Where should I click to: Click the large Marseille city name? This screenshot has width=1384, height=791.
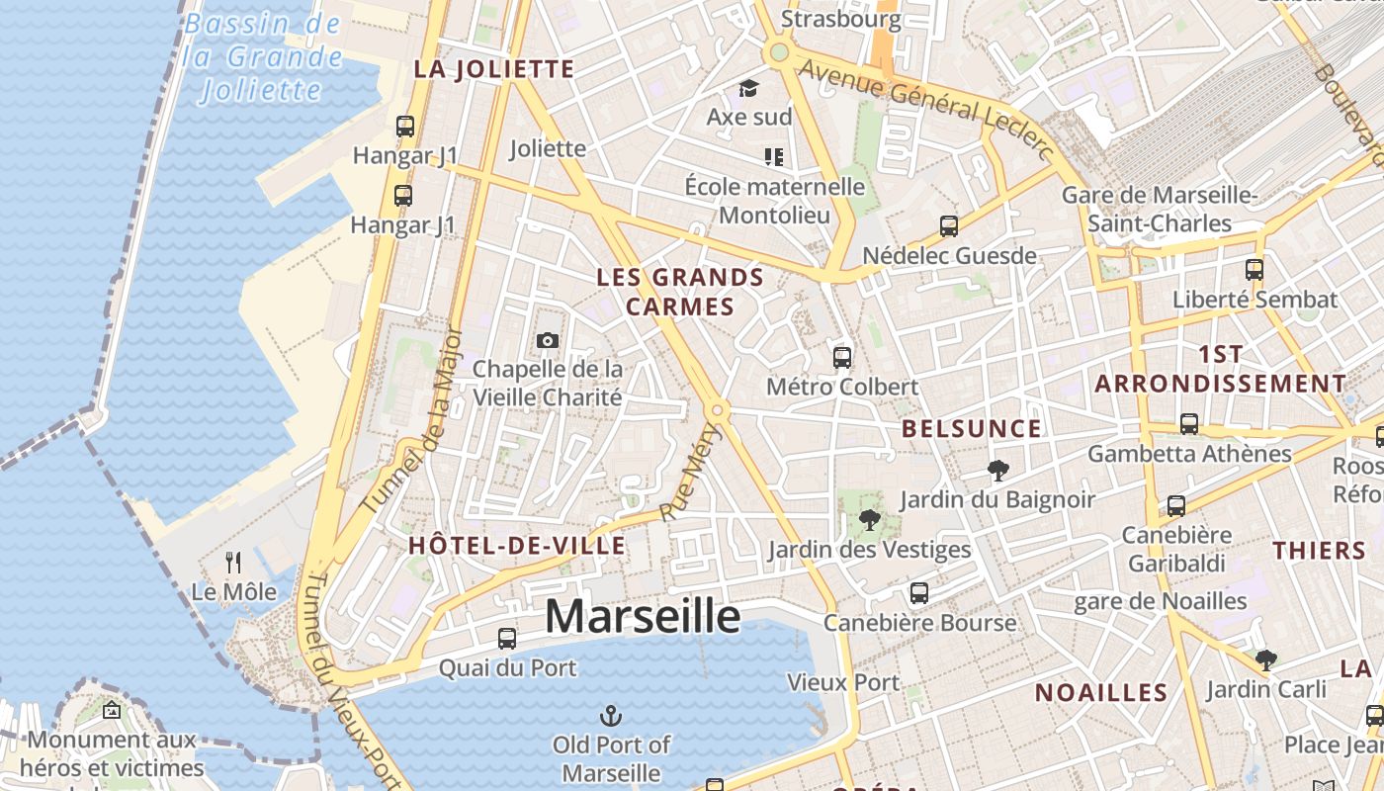click(x=643, y=616)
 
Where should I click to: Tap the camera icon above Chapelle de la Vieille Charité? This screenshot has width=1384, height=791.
click(x=547, y=341)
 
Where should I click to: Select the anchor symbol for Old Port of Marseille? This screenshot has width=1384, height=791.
click(x=611, y=715)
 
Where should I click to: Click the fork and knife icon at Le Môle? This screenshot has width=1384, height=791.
click(x=233, y=563)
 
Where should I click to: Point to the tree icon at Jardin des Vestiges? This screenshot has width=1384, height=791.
click(x=869, y=519)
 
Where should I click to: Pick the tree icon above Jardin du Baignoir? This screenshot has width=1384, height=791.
click(x=997, y=471)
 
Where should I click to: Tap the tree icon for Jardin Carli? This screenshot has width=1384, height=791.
click(x=1265, y=659)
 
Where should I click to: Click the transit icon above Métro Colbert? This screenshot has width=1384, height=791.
click(x=842, y=357)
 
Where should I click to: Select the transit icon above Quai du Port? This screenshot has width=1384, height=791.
click(x=507, y=639)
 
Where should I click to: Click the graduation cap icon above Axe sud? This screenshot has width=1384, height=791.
click(x=748, y=88)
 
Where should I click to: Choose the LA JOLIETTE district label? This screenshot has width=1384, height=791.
click(x=494, y=69)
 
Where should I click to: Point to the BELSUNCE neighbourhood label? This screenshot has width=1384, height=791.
click(x=972, y=428)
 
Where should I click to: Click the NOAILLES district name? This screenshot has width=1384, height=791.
click(x=1101, y=692)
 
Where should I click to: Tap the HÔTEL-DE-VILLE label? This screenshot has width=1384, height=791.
click(x=517, y=545)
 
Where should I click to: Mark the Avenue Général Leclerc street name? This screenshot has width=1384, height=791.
click(x=924, y=107)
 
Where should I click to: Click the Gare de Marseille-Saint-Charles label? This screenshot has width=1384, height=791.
click(x=1160, y=210)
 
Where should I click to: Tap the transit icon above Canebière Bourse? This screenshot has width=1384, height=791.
click(x=919, y=593)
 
